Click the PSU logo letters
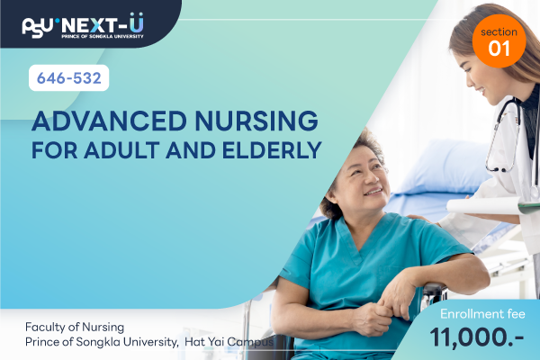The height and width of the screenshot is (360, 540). coord(38,28)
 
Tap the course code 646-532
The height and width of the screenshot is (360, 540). coord(69,78)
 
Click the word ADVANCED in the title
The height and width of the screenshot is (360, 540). coord(109,121)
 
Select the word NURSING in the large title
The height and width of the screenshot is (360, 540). coord(256,121)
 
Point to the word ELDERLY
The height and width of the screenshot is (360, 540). coord(272,150)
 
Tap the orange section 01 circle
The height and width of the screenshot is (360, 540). coord(499,41)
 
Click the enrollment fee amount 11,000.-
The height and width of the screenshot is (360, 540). coord(477,337)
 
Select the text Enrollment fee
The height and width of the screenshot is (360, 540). coord(482,314)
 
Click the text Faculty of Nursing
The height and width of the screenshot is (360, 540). coord(75,327)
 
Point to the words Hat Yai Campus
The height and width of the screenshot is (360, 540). coord(229,342)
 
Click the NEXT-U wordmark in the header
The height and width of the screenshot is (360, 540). coord(103,24)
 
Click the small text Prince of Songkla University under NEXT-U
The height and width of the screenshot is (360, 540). coord(103,36)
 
